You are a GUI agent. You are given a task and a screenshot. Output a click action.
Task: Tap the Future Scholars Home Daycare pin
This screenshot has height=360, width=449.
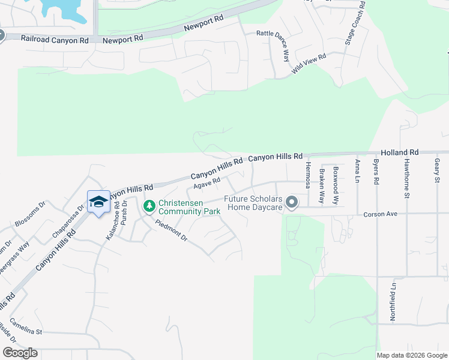point(292,202)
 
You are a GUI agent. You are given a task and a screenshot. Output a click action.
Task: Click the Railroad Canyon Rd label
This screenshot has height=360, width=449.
point(55,39)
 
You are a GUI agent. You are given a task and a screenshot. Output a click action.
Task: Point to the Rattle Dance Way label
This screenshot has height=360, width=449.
point(282,43)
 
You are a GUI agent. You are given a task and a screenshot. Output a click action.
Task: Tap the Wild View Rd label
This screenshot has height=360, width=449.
point(309,64)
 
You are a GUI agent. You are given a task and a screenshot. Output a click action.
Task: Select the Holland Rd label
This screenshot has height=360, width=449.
point(399,153)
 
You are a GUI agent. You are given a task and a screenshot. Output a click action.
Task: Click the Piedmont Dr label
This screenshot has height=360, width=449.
point(172,231)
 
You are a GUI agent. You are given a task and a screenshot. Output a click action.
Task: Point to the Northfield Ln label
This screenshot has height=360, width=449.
point(393,301)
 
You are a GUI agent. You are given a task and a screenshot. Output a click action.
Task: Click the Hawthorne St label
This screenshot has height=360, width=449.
point(406,178)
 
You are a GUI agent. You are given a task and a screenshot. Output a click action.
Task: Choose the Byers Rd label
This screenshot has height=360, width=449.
point(376,172)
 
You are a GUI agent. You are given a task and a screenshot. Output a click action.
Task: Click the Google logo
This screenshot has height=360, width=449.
point(20,352)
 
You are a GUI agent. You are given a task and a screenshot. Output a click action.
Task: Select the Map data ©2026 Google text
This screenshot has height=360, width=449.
point(412,355)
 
